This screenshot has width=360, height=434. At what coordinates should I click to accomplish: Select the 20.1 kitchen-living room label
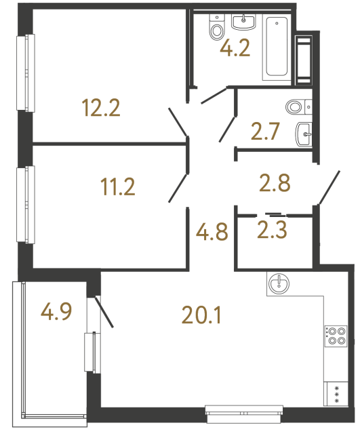202,315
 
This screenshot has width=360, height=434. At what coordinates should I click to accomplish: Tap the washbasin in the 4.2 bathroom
243,22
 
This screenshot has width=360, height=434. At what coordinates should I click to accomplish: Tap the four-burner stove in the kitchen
336,336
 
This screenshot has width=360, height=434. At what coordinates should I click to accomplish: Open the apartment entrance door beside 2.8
328,188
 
